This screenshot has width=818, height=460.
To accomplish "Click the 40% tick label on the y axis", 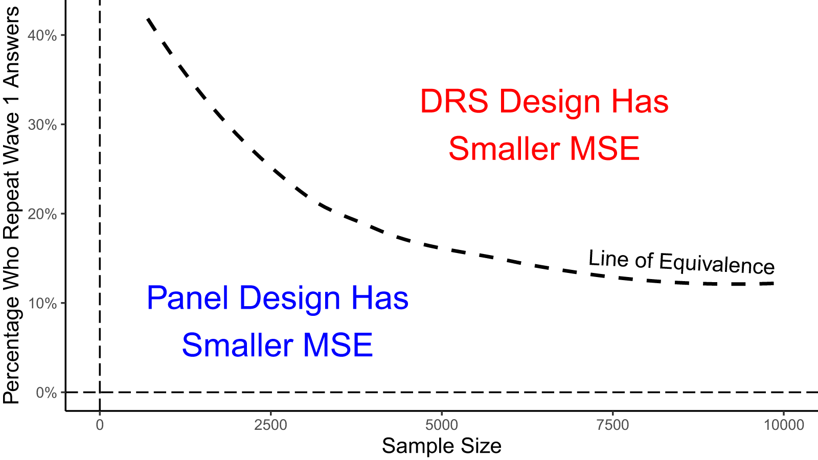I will [42, 36].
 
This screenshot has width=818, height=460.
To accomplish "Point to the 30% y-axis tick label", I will [42, 125].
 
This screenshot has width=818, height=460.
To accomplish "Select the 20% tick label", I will [42, 214].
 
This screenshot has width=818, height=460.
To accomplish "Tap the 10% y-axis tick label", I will [42, 304].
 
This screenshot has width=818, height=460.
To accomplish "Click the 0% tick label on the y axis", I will [46, 393].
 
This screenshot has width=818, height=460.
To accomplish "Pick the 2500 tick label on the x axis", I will [270, 425].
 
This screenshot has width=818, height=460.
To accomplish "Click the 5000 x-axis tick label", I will [442, 425].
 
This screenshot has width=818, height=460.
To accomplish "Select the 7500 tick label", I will [612, 425].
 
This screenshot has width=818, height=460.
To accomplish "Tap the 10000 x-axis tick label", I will [784, 425].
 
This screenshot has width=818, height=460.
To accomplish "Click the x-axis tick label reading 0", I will [100, 425].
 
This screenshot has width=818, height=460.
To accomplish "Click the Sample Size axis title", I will [441, 446].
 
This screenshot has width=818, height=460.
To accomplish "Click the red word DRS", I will [454, 101].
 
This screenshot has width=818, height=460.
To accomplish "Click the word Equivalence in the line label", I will [717, 264].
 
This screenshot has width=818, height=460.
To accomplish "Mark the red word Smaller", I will [504, 149].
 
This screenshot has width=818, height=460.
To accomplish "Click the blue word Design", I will [289, 298].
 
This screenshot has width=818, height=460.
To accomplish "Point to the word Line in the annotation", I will [608, 259].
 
